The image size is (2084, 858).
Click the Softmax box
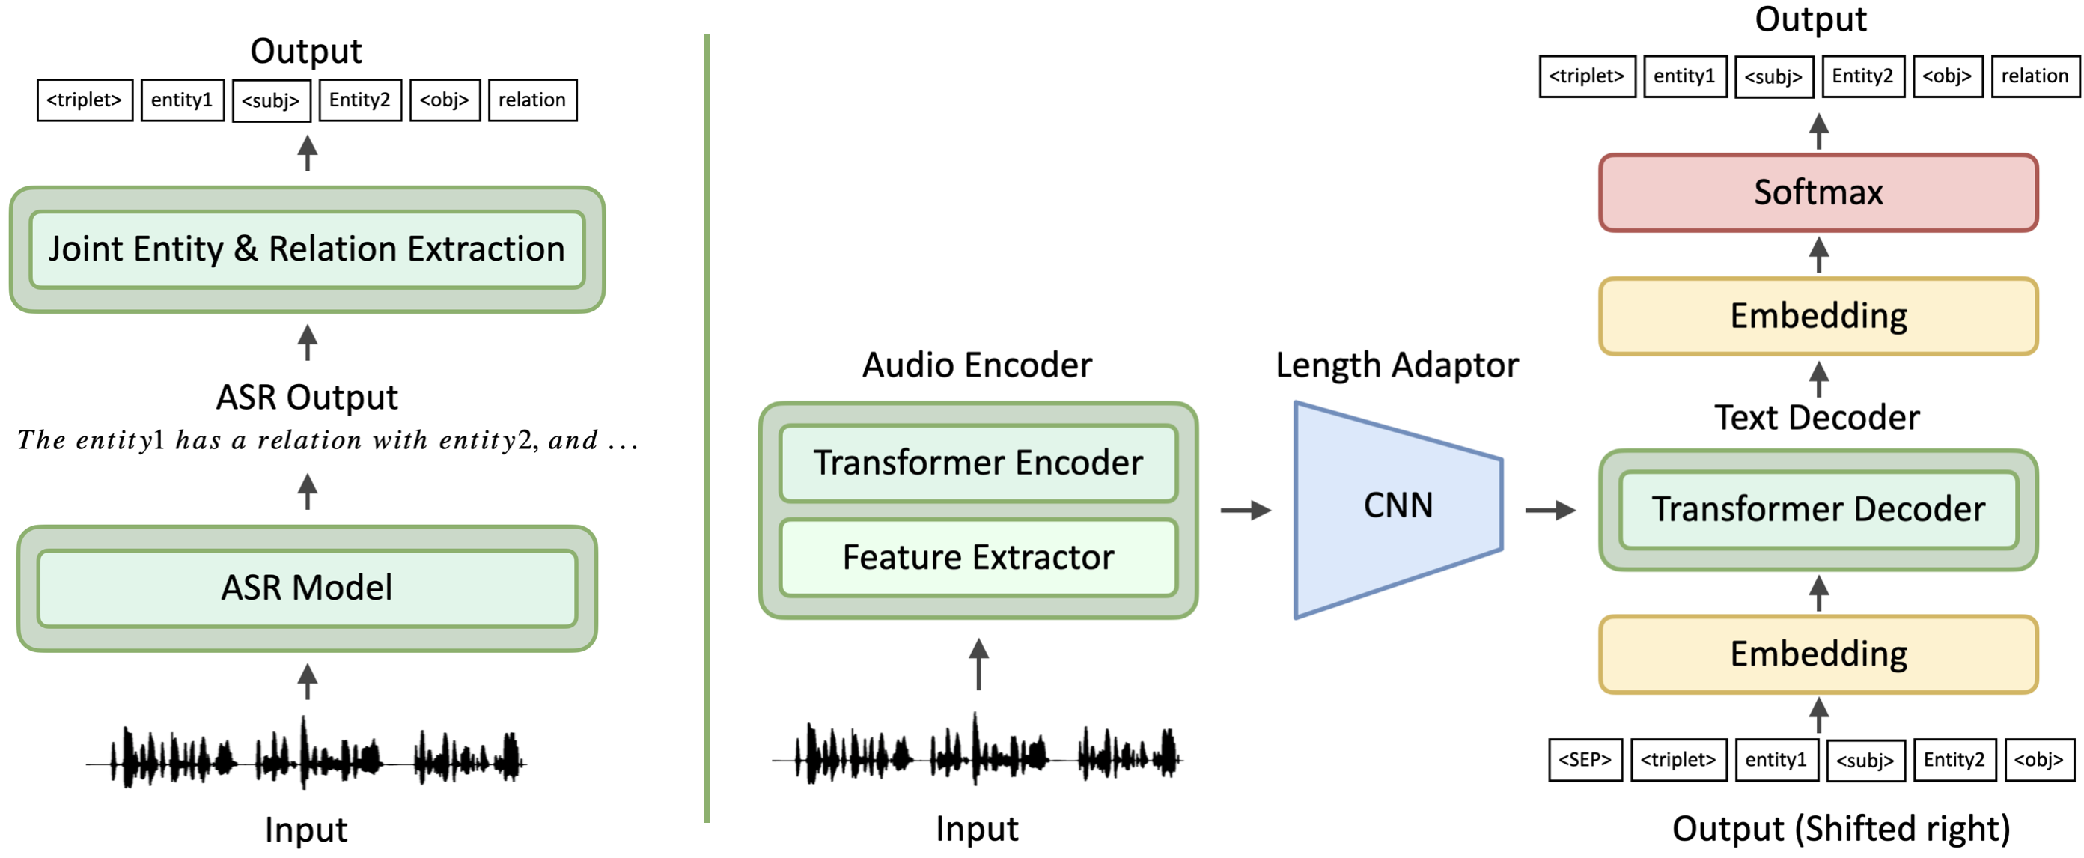coord(1818,192)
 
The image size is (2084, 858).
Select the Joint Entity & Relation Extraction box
coord(307,249)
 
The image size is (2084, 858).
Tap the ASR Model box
coord(307,588)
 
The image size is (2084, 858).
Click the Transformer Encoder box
coord(978,463)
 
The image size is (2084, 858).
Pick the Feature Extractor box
coord(978,558)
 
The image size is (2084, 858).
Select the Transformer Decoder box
coord(1818,510)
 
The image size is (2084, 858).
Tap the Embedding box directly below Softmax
coord(1818,317)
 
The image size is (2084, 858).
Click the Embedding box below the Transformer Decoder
coord(1818,654)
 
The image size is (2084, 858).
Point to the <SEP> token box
coord(1585,760)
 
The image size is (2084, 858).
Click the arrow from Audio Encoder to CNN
coord(1246,510)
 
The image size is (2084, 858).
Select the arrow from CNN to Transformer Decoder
coord(1550,510)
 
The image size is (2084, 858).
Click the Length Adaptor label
coord(1397,365)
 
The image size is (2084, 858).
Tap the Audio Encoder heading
coord(978,365)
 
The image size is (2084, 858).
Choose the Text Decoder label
coord(1817,418)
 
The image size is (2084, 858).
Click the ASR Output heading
coord(307,398)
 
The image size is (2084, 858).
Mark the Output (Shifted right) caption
coord(1841,829)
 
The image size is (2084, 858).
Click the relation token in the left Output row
coord(532,100)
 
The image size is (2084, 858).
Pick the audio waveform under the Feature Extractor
coord(978,752)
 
